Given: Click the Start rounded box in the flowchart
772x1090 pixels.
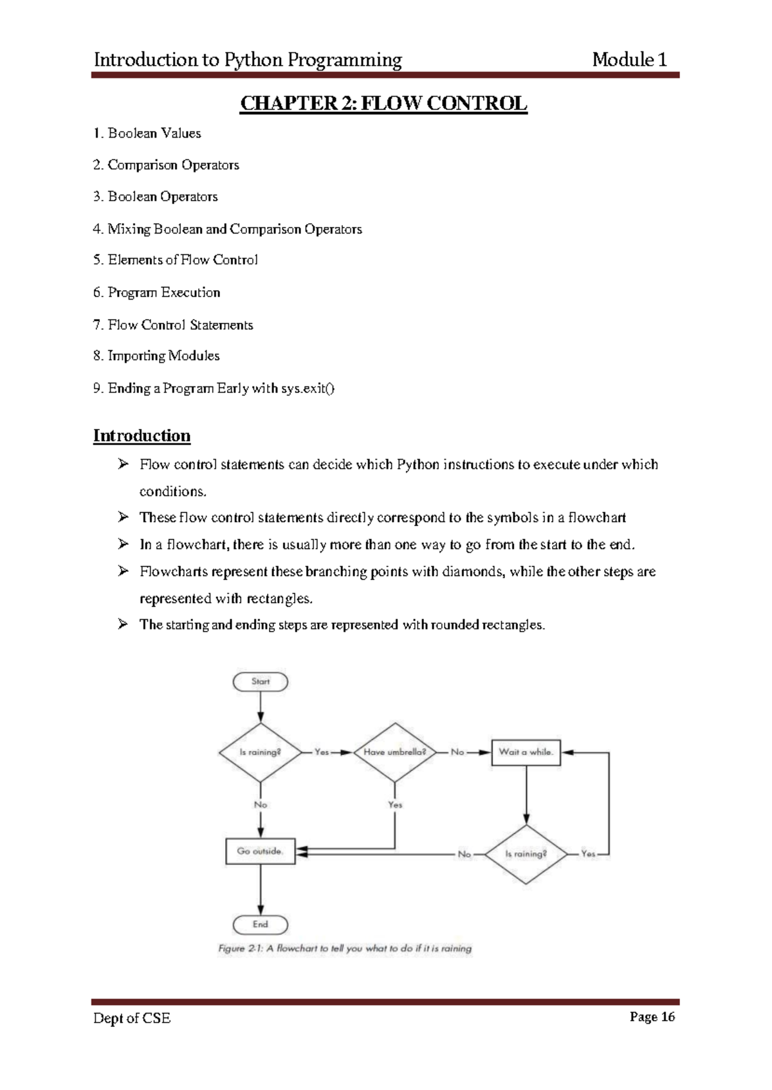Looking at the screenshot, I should (x=260, y=682).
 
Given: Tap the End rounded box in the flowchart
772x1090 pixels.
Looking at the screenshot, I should (x=260, y=925).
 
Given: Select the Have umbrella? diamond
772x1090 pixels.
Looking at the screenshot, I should (x=394, y=752).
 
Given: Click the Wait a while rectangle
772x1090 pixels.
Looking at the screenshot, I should (x=526, y=752).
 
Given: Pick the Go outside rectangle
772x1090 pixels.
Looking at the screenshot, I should (x=260, y=851).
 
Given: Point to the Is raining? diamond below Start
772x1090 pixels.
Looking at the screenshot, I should (x=260, y=752).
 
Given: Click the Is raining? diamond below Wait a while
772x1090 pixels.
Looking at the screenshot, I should (x=526, y=854).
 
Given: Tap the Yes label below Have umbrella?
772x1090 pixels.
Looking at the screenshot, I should (x=395, y=804).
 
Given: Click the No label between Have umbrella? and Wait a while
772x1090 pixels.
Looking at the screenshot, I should (x=457, y=752).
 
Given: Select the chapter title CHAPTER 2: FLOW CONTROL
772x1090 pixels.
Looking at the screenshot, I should (x=383, y=104).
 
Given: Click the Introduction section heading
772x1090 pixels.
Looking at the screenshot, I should (x=142, y=436).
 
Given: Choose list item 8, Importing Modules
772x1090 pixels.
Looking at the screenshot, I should (x=156, y=356).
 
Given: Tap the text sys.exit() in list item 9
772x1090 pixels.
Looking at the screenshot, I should (x=308, y=388).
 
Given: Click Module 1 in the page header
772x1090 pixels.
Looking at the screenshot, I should (x=629, y=60).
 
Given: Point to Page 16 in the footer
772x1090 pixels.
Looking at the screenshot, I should (x=652, y=1017).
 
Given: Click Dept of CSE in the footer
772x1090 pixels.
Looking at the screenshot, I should (x=132, y=1018).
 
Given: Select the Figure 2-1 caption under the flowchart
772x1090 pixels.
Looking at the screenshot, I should (x=345, y=949).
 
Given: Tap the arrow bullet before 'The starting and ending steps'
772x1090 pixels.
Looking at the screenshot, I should (x=124, y=624).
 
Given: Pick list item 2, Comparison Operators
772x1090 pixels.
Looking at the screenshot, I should (x=166, y=165).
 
